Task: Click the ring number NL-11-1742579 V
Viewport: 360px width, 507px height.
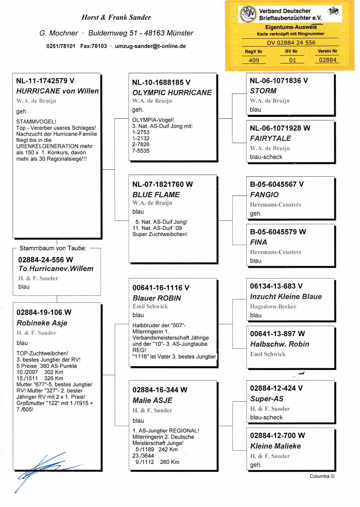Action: (45, 81)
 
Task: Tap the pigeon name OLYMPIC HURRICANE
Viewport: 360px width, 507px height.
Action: (172, 93)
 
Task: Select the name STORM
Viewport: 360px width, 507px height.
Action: (263, 91)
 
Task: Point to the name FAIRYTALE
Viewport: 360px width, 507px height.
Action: (270, 138)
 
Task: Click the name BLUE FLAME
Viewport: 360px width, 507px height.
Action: (156, 195)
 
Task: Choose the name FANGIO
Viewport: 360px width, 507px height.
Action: (264, 195)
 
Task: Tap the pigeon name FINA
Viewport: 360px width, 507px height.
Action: (258, 242)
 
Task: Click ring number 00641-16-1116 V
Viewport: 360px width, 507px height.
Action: (161, 288)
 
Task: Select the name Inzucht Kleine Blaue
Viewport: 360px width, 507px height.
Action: (286, 297)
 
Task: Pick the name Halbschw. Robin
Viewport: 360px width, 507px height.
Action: (280, 344)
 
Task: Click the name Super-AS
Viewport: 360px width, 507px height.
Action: (266, 398)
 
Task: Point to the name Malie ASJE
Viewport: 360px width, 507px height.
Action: (152, 400)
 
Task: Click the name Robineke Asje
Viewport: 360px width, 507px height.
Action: (42, 323)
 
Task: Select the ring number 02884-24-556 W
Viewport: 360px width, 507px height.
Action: (46, 260)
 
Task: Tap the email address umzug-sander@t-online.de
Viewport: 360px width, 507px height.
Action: (150, 46)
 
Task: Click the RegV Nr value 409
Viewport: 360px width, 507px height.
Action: (254, 60)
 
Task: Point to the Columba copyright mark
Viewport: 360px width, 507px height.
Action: (322, 476)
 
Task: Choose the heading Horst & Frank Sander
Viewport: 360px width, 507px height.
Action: (116, 18)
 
